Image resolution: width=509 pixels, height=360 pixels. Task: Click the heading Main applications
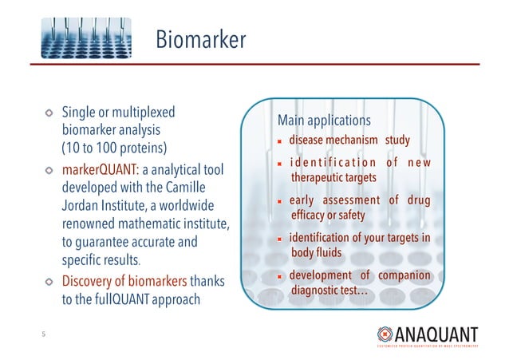[324, 121]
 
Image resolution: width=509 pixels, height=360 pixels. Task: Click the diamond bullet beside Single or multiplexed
[49, 113]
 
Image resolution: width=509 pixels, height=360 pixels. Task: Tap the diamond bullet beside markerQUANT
[49, 172]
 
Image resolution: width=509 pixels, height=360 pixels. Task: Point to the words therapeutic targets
[338, 177]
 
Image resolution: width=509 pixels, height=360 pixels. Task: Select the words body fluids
[316, 253]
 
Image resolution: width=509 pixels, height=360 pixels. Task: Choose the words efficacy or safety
[328, 216]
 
